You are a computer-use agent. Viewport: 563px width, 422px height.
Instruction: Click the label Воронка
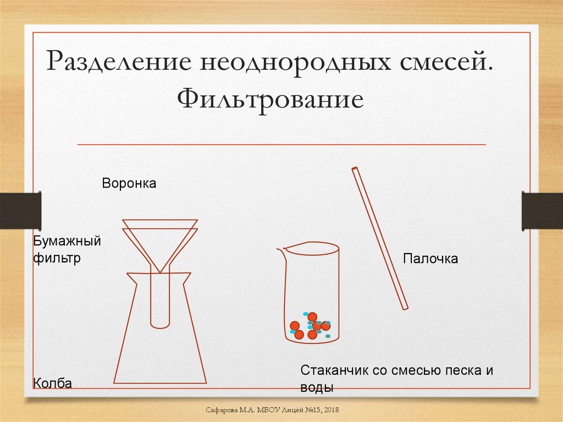(129, 183)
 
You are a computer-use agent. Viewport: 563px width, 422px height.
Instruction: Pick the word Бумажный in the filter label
(68, 241)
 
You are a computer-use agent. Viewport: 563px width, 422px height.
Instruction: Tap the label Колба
(53, 383)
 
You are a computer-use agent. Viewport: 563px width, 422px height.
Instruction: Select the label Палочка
(430, 258)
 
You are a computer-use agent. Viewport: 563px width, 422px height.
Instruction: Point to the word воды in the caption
(317, 387)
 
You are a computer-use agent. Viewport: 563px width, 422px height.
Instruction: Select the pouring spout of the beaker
(281, 251)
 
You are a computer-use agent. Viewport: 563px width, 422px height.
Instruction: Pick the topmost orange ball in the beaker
(312, 316)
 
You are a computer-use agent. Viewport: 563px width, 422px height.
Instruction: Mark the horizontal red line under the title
(281, 145)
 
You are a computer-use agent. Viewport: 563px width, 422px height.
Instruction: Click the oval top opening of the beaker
(312, 249)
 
